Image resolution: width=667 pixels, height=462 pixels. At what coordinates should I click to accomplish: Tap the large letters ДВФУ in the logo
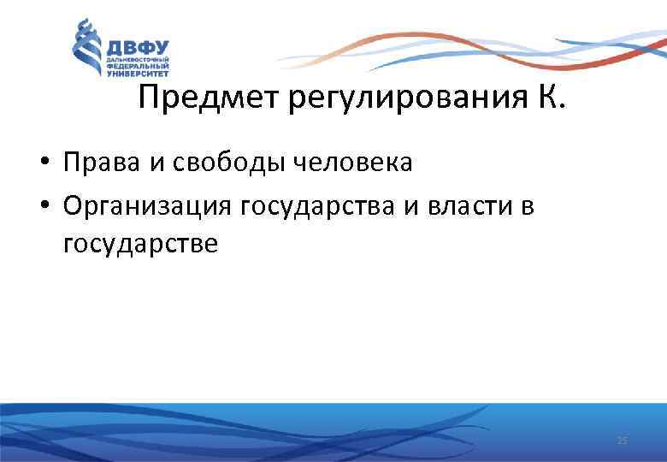tap(136, 47)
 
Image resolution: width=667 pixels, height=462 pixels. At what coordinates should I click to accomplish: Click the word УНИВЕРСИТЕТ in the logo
tap(137, 74)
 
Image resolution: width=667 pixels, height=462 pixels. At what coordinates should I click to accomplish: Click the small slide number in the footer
tap(622, 440)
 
